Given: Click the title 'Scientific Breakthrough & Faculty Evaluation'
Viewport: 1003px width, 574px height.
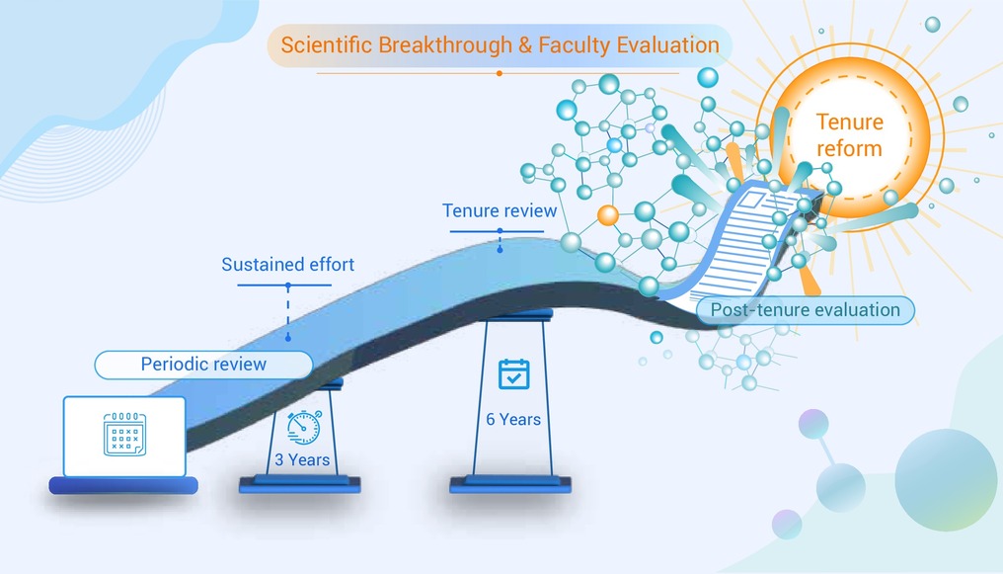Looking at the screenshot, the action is [x=500, y=45].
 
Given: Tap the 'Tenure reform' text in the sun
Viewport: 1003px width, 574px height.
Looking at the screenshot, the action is [x=849, y=135].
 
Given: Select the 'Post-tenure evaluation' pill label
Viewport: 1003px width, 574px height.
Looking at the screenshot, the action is [x=806, y=309].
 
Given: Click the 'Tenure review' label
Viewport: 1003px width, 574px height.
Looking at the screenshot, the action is [x=500, y=210].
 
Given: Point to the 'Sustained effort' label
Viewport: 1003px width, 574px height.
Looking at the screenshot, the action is [x=288, y=265].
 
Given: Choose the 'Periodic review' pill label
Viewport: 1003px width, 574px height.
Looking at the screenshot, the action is [x=203, y=365].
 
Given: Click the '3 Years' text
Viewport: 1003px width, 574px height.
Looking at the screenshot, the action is [x=302, y=459].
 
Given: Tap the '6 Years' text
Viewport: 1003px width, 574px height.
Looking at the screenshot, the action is [x=513, y=419].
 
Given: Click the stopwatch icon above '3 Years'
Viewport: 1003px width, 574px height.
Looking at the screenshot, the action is [x=304, y=427].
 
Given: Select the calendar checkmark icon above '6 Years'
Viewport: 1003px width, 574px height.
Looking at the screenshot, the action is [x=513, y=373].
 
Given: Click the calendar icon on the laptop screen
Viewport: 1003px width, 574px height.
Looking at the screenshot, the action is [x=124, y=434].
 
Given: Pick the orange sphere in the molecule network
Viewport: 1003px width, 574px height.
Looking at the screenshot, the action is [x=608, y=215].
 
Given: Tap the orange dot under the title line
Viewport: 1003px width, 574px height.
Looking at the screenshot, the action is [x=499, y=73].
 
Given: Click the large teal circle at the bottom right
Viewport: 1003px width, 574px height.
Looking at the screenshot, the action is [x=946, y=480].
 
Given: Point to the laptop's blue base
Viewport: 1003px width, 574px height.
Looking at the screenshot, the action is [x=123, y=486].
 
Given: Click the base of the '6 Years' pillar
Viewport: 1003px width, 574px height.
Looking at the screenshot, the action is [x=509, y=484].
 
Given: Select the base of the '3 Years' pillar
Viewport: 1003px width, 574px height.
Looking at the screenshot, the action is [x=299, y=484].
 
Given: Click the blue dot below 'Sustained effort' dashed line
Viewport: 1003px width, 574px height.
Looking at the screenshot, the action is [x=288, y=337].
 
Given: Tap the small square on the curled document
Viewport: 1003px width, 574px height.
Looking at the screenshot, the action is [x=751, y=200].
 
